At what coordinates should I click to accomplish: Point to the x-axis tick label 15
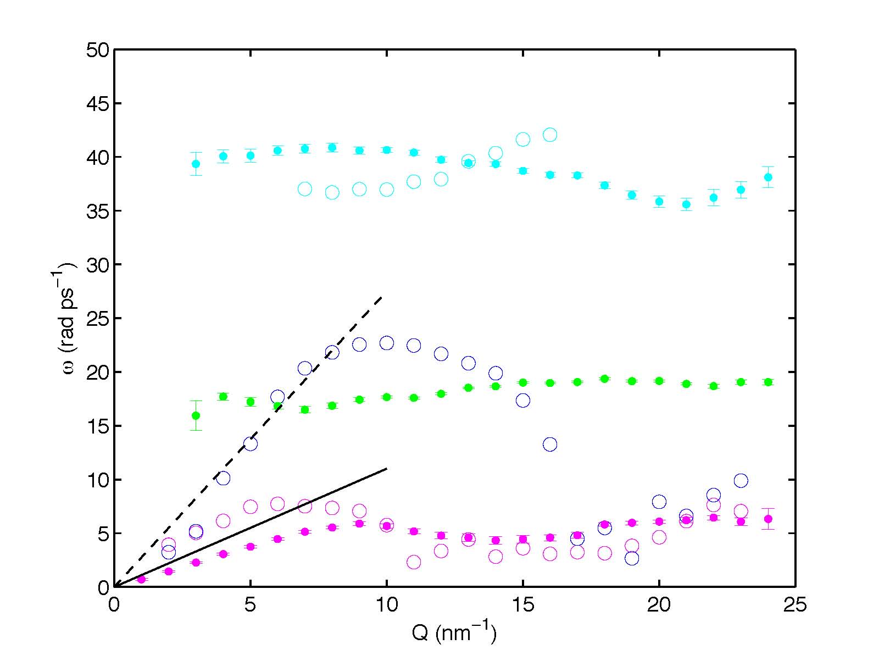(522, 606)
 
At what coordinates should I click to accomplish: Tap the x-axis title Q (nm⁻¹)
(454, 633)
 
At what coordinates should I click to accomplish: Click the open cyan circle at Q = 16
(550, 135)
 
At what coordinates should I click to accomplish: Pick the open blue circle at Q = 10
(387, 343)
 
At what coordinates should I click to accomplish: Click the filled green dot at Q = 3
(196, 415)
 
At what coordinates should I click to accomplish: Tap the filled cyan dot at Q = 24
(768, 177)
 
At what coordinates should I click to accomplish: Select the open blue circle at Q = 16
(550, 444)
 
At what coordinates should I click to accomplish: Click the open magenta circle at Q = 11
(414, 562)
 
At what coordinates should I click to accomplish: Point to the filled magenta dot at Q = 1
(141, 579)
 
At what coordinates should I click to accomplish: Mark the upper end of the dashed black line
(382, 297)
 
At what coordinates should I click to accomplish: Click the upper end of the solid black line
(387, 469)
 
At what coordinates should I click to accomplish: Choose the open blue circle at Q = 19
(632, 558)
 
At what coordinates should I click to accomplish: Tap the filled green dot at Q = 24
(768, 382)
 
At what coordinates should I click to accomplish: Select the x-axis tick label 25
(795, 606)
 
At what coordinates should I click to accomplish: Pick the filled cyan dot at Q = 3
(196, 164)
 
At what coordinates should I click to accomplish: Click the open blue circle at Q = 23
(741, 481)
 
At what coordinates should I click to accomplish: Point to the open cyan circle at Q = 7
(305, 189)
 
